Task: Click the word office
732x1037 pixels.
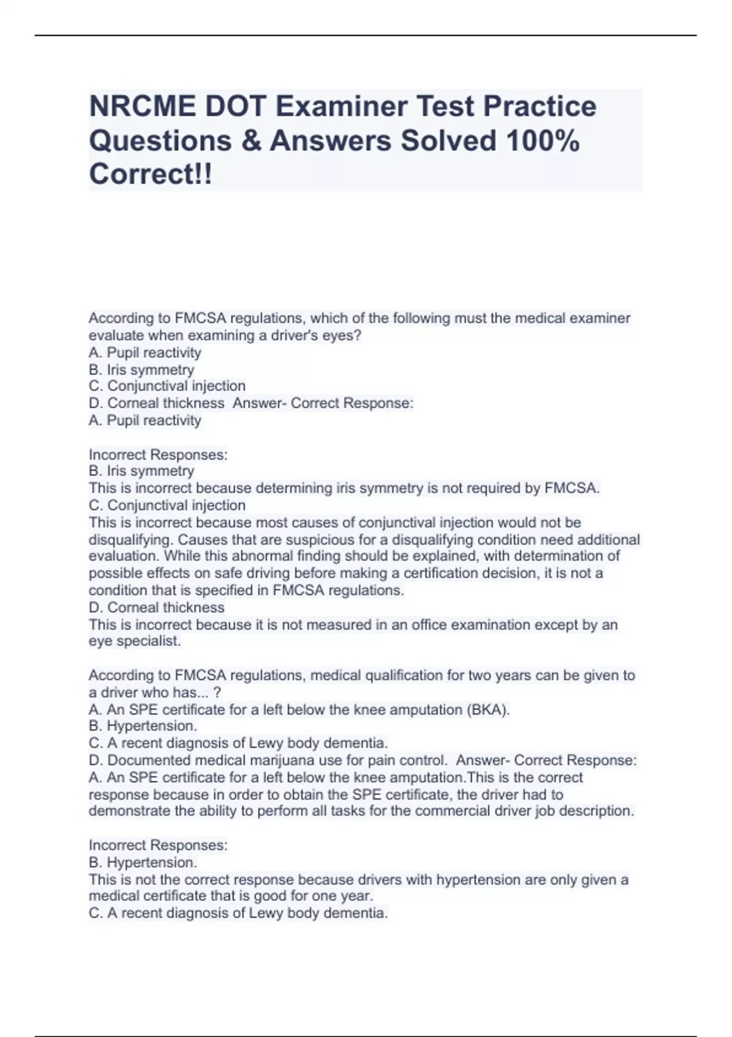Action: tap(435, 625)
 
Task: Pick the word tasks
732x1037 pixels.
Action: tap(381, 811)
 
